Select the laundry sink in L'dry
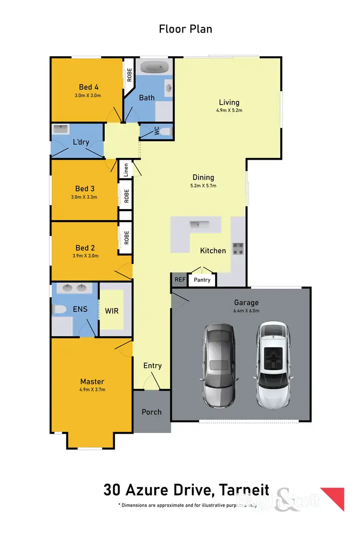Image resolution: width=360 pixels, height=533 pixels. coord(60,129)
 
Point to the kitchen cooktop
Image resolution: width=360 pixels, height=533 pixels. coord(239,249)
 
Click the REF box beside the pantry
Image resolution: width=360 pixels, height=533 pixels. coord(180,279)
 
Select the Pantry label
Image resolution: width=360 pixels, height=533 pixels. coord(202,280)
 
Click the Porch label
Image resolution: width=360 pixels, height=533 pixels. coord(152,412)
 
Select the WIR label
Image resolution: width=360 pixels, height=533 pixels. coord(112,311)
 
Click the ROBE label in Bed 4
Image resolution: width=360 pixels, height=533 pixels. coord(129,75)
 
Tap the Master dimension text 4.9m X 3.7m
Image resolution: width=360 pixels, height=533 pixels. coord(93,390)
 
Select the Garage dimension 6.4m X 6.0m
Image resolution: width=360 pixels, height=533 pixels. coord(246,310)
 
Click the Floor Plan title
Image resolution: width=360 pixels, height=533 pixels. coord(185,29)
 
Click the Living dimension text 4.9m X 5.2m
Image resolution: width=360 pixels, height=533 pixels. coord(229,110)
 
